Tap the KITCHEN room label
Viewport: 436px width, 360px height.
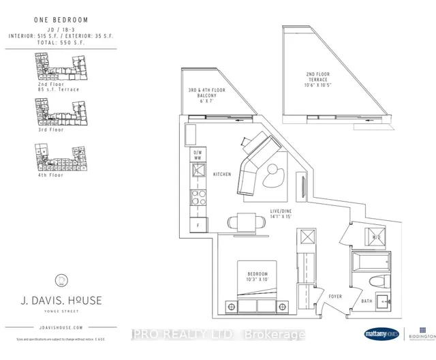point(222,175)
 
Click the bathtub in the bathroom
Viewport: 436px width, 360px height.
point(370,262)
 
